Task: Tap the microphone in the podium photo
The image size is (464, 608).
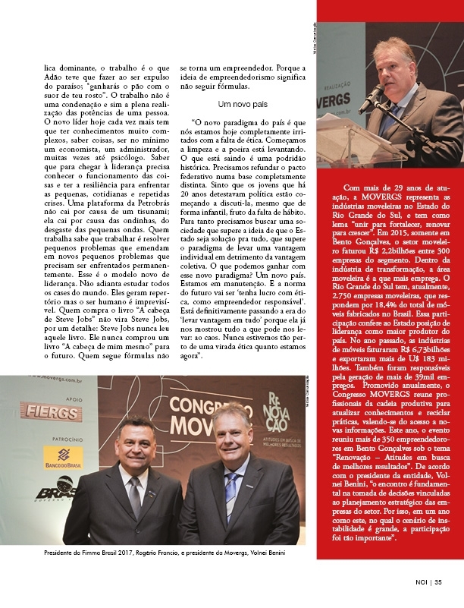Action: click(x=372, y=99)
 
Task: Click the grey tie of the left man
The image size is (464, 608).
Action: click(x=136, y=497)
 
